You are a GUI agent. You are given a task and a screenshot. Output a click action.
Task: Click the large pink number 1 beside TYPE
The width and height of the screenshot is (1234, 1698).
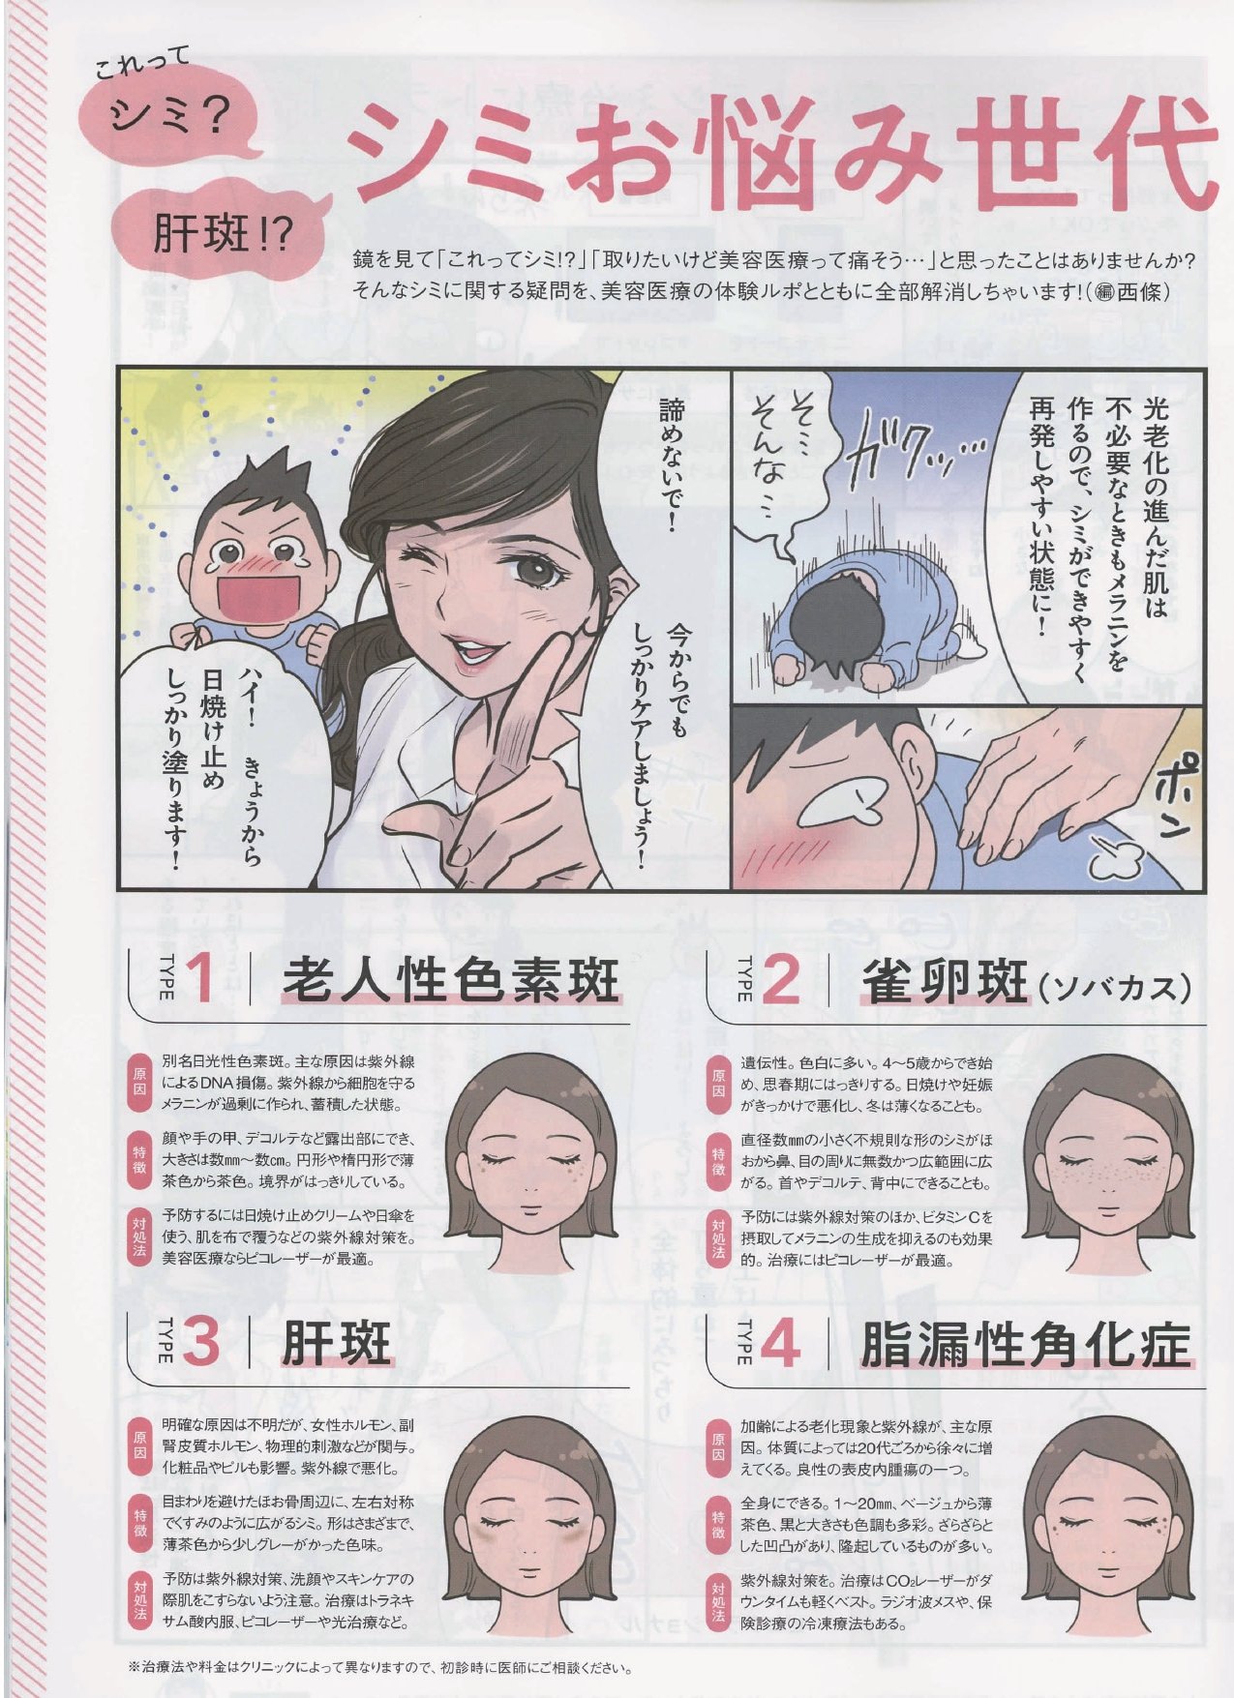pyautogui.click(x=199, y=979)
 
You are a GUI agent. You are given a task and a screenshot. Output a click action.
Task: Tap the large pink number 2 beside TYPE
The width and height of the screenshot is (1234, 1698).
pyautogui.click(x=781, y=979)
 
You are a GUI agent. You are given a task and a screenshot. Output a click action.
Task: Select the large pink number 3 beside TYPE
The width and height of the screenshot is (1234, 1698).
pyautogui.click(x=199, y=1341)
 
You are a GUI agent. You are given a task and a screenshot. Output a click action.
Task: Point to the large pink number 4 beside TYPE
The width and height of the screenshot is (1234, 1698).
pyautogui.click(x=780, y=1341)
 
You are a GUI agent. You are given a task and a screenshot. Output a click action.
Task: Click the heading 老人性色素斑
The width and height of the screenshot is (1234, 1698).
pyautogui.click(x=450, y=979)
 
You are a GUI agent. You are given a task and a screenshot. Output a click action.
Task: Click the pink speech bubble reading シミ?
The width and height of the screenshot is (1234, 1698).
pyautogui.click(x=172, y=119)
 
